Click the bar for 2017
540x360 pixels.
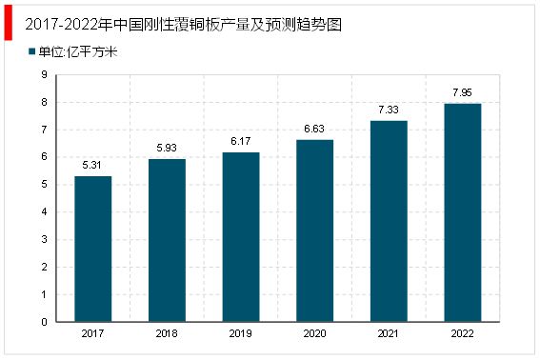point(92,249)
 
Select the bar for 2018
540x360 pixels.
point(168,240)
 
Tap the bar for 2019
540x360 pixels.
point(242,237)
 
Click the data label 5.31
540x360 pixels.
point(92,165)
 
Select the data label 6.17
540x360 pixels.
point(242,142)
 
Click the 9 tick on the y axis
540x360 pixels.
point(45,74)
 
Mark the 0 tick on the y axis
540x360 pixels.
point(45,322)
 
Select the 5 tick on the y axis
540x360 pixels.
point(45,185)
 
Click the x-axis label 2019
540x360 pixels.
point(242,334)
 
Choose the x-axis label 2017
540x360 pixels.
point(92,334)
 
